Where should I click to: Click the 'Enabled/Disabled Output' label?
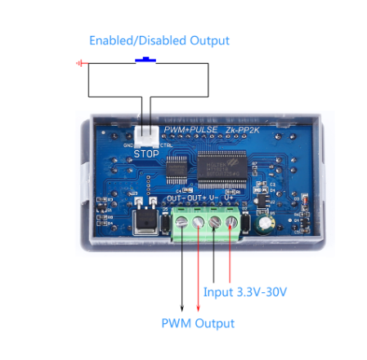pyautogui.click(x=159, y=40)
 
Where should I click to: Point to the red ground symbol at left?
pyautogui.click(x=79, y=63)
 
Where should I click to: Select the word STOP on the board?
pyautogui.click(x=147, y=153)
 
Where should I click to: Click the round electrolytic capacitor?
pyautogui.click(x=266, y=225)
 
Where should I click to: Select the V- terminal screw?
pyautogui.click(x=215, y=222)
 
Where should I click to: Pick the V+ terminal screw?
pyautogui.click(x=232, y=222)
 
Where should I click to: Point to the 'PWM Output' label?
pyautogui.click(x=198, y=323)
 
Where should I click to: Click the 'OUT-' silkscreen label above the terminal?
pyautogui.click(x=173, y=198)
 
